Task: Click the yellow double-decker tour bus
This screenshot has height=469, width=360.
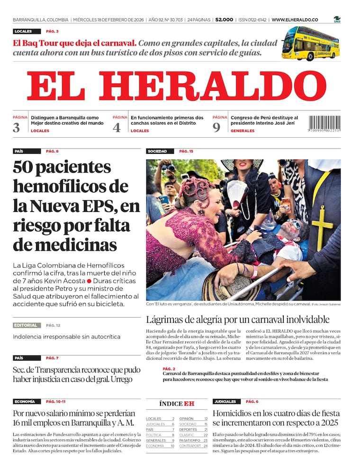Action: pos(310,44)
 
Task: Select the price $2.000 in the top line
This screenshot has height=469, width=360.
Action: pos(224,20)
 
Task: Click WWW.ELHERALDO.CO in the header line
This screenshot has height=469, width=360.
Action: pos(295,20)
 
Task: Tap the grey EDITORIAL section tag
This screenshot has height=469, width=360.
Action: pos(27,325)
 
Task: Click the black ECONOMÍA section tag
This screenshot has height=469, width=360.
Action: pos(25,401)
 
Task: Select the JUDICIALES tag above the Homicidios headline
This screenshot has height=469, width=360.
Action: pos(225,401)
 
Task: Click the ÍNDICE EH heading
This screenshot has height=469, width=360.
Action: pos(176,404)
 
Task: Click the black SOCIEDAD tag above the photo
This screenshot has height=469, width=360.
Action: pos(158,151)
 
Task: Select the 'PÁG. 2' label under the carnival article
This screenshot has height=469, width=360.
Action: pos(169,368)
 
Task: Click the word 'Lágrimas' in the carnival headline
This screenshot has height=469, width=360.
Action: pos(165,319)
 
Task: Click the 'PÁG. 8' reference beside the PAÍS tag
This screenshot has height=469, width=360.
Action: pos(52,151)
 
